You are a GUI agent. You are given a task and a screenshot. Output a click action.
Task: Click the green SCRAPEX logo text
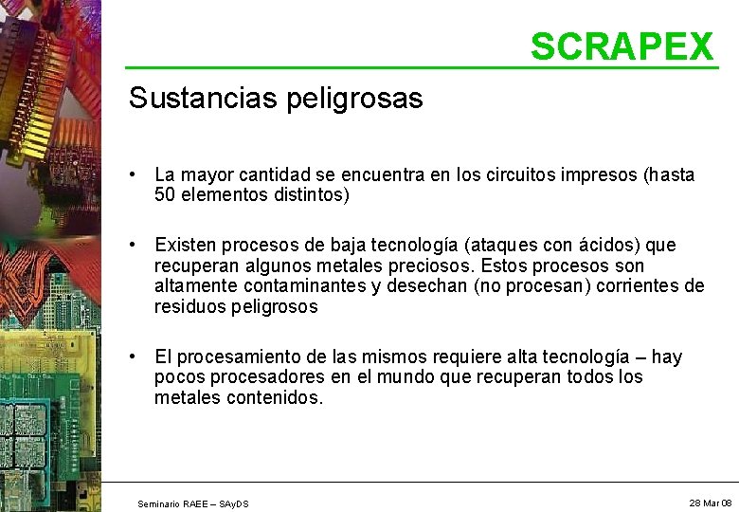pyautogui.click(x=621, y=46)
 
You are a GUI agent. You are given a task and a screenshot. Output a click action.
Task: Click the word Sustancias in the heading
pyautogui.click(x=189, y=98)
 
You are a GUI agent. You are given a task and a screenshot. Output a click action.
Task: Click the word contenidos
pyautogui.click(x=276, y=398)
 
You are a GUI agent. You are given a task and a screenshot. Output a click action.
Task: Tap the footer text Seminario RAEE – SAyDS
pyautogui.click(x=193, y=503)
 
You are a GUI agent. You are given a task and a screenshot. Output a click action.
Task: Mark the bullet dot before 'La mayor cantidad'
pyautogui.click(x=137, y=174)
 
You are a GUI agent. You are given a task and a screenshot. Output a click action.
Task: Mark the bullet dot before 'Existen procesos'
pyautogui.click(x=137, y=245)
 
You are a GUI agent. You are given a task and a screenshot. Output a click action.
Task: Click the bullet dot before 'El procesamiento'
pyautogui.click(x=137, y=357)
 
